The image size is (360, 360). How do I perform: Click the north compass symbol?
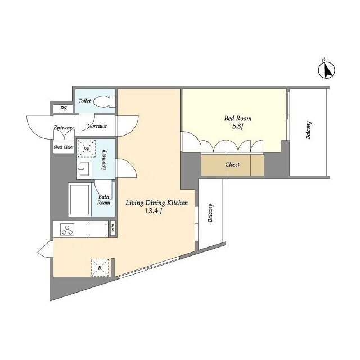point(326,70)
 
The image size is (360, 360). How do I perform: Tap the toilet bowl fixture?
point(104,101)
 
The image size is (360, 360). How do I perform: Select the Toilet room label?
point(85,101)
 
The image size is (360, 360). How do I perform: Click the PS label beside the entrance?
point(64,109)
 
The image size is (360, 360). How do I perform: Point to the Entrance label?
point(64,128)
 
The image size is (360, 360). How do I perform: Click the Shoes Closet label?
point(64,147)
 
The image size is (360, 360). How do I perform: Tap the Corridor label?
point(97,126)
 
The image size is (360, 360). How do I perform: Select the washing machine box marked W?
point(86,148)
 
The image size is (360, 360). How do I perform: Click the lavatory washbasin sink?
point(84,169)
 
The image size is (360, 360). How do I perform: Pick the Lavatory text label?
point(103,160)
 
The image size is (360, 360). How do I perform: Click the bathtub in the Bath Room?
point(80,199)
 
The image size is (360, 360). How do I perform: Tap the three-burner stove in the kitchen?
point(67,229)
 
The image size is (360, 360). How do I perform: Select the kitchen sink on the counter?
point(97,229)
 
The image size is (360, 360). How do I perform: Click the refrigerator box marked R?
point(100,268)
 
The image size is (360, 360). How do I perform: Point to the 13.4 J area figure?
point(154,211)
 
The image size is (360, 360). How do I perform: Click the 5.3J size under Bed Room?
point(237,126)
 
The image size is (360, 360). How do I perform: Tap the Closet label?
point(232,164)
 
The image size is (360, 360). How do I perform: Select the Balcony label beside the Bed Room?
point(308,130)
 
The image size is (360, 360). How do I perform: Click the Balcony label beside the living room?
point(210,213)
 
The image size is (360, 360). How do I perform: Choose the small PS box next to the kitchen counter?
point(112,228)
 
